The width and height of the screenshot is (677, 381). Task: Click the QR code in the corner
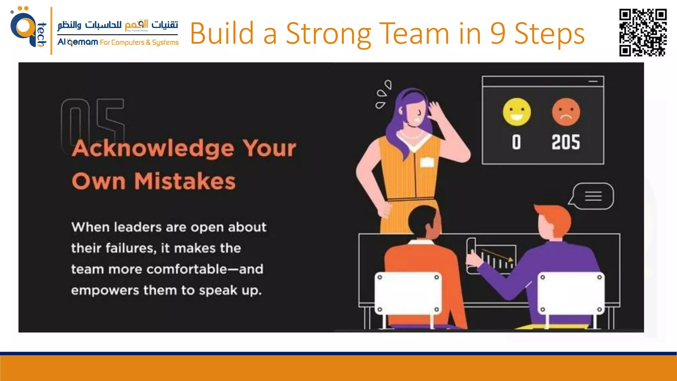(x=643, y=32)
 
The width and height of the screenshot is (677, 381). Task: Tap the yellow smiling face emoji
(x=517, y=112)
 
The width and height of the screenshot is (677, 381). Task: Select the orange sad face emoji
(x=566, y=112)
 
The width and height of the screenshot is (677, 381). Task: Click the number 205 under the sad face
(x=566, y=142)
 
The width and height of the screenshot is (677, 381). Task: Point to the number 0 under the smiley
(x=516, y=142)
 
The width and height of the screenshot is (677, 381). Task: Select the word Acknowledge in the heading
(x=153, y=148)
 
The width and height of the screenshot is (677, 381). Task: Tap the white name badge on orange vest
(x=427, y=162)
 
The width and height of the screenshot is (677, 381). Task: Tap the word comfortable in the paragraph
(x=187, y=269)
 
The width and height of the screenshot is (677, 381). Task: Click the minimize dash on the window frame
(x=593, y=81)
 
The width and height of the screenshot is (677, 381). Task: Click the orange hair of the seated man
(x=554, y=215)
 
